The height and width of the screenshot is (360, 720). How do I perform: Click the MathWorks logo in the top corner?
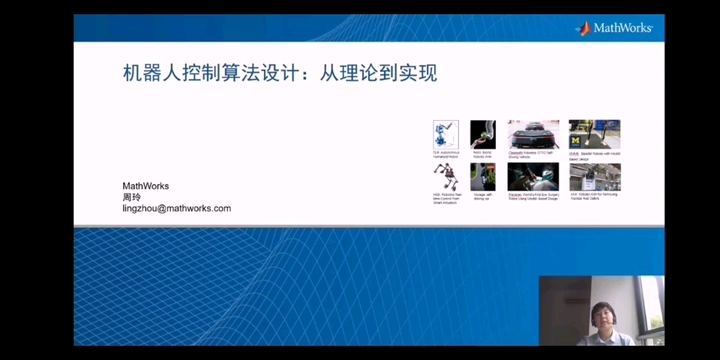click(614, 28)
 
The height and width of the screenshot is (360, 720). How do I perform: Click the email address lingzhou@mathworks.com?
click(176, 208)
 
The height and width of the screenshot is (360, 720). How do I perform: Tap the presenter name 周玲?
click(131, 197)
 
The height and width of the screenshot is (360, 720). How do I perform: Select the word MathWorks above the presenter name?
click(145, 186)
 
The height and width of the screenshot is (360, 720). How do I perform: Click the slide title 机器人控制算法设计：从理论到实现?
click(280, 73)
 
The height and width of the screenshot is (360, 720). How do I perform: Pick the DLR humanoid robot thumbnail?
click(445, 135)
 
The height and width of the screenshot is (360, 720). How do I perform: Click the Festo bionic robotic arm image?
click(482, 135)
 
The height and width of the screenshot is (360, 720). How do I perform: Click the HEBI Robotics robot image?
click(445, 177)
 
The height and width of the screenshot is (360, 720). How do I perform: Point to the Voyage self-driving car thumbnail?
click(482, 177)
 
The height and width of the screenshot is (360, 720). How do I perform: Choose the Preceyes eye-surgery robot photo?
click(533, 177)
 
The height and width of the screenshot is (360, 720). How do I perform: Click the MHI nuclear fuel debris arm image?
click(594, 177)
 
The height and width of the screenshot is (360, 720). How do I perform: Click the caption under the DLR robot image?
click(445, 154)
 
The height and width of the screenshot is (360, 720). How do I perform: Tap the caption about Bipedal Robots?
click(594, 156)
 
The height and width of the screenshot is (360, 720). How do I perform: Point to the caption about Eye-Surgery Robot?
click(533, 197)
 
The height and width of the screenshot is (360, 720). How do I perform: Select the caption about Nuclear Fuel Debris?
click(594, 196)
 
